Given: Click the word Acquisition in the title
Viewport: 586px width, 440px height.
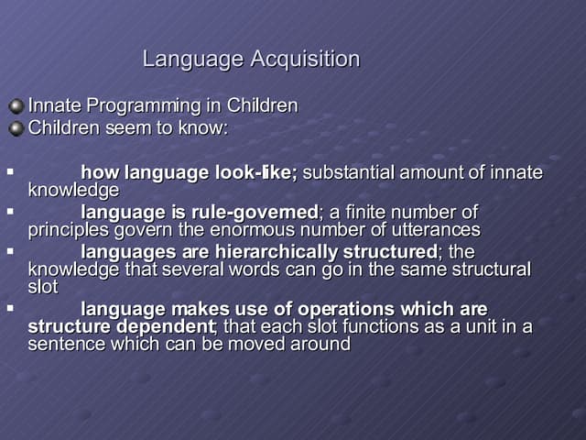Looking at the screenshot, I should click(305, 60).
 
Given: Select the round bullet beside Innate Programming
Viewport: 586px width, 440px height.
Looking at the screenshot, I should click(16, 106).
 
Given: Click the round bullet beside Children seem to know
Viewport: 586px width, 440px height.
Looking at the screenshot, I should click(16, 128).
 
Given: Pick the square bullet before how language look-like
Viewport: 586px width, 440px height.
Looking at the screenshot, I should click(9, 170).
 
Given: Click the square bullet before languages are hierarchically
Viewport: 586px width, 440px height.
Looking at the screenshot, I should click(9, 250).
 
